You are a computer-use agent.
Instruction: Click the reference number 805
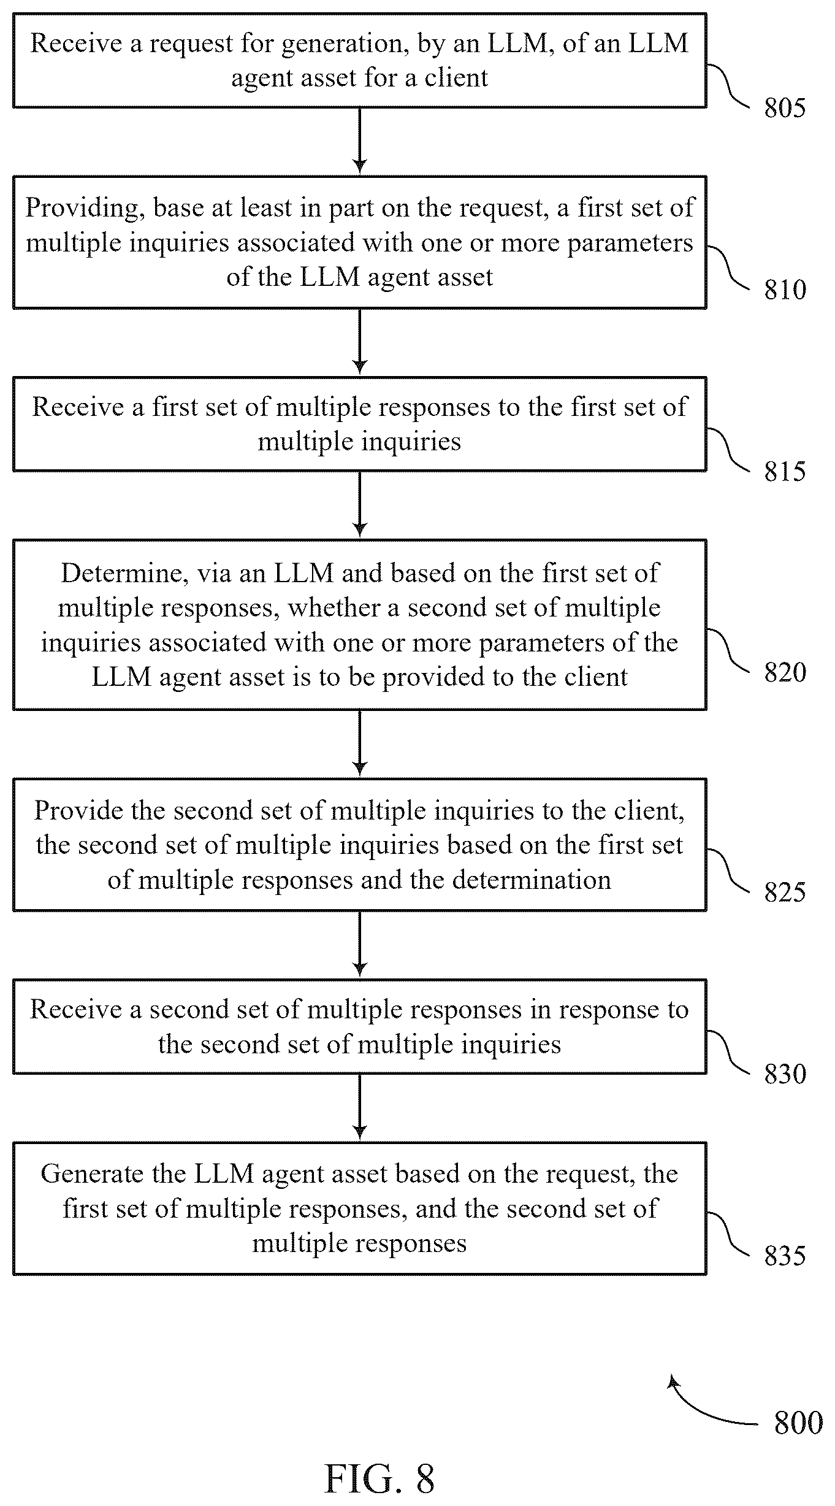[x=784, y=109]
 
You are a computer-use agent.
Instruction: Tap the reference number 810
[x=784, y=290]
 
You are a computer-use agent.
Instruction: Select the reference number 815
[x=784, y=471]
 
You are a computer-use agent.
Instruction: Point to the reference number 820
[x=784, y=672]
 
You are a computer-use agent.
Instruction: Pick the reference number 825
[x=784, y=892]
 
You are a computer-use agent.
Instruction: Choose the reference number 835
[x=784, y=1256]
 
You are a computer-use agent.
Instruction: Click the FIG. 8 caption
[x=379, y=1478]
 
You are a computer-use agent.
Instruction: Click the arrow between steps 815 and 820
[x=360, y=505]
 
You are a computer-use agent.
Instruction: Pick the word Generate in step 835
[x=93, y=1174]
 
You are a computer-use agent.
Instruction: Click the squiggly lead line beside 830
[x=728, y=1052]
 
